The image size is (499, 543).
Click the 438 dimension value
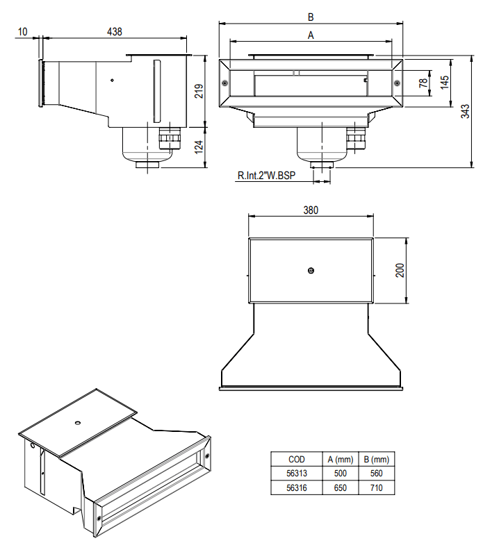[x=116, y=31]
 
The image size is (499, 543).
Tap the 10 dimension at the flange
[x=24, y=31]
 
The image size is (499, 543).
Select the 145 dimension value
[x=443, y=82]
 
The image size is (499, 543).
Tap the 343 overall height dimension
[x=465, y=111]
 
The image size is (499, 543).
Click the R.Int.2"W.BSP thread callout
[x=267, y=176]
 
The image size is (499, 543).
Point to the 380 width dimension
[x=311, y=211]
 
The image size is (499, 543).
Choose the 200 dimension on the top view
[x=400, y=270]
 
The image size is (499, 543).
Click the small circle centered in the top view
[x=311, y=269]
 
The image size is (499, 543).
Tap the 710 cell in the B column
[x=375, y=488]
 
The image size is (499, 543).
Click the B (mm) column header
[x=375, y=459]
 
